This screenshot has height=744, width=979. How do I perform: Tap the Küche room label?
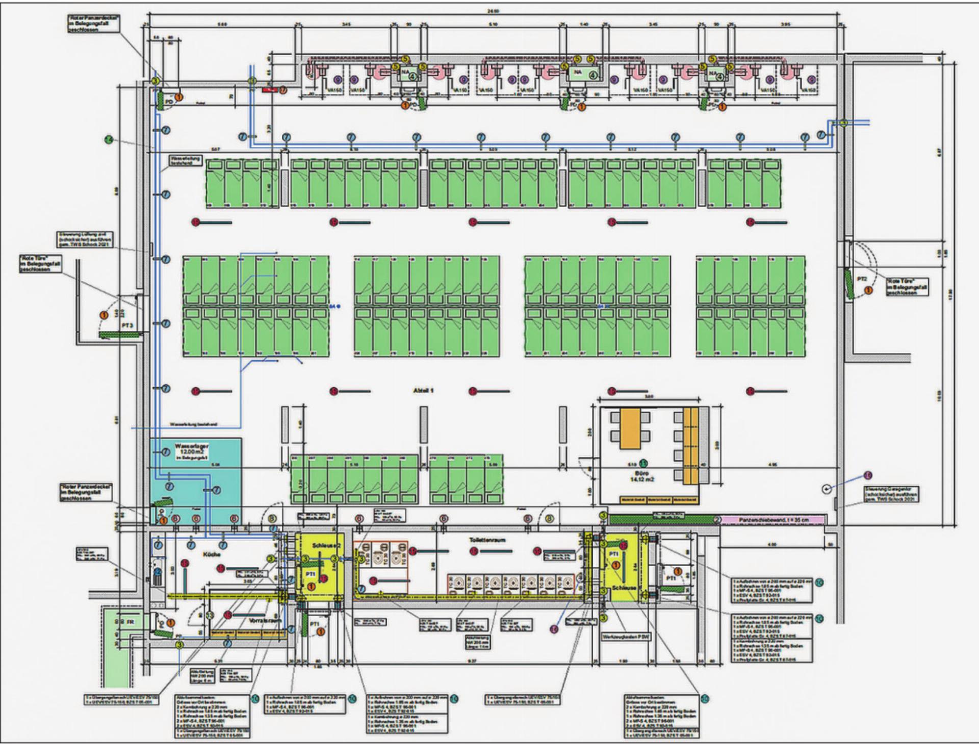coord(211,554)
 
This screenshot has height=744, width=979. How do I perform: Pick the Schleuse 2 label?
coord(320,545)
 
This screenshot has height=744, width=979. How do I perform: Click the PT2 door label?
coord(862,279)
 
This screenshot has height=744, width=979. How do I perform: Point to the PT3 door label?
coord(127,325)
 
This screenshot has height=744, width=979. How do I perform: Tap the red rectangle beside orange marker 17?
coord(269,90)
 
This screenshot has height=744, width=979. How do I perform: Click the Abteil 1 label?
coord(423,390)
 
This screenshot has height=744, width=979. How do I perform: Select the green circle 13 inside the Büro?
coord(644,463)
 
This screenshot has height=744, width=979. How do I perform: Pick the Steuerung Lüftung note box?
coord(86,240)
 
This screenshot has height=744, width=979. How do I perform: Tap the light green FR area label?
coord(131,622)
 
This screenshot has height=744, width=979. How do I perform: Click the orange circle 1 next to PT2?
coord(867,291)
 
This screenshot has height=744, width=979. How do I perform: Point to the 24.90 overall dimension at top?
coord(492,10)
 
